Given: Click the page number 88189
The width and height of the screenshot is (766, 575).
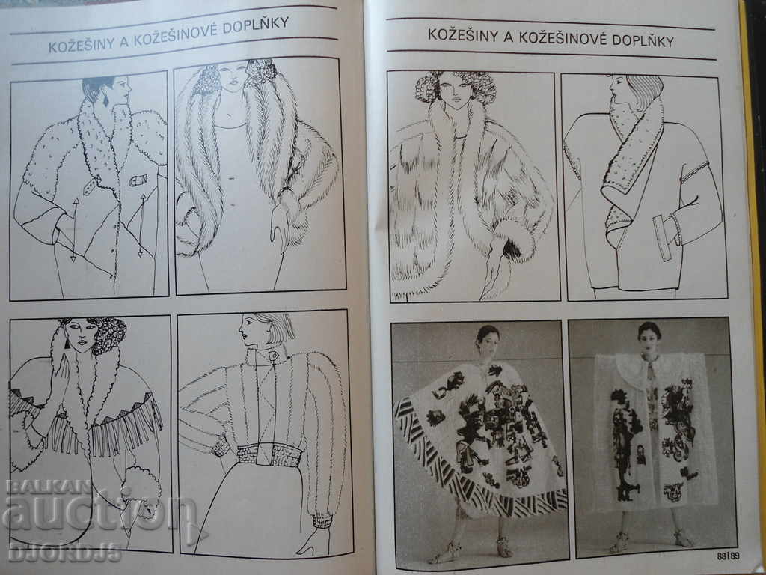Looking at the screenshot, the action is pos(728,556).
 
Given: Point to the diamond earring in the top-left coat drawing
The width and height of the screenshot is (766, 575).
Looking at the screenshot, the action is pos(105,100).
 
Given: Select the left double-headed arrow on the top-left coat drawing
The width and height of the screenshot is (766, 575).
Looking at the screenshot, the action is pos(75,229).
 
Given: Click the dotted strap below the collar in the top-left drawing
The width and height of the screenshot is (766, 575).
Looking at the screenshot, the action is pos(92,186).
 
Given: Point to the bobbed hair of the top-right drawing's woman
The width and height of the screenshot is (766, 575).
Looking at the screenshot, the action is pos(644,91).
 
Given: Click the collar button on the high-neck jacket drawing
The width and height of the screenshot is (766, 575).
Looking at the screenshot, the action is pos(272,356).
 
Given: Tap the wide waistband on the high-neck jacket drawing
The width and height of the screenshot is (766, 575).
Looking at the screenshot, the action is pos(269,454).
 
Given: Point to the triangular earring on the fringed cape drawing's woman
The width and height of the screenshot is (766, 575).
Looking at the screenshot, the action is pos(67,343).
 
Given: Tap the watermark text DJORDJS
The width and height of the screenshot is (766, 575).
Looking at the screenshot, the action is pos(64,552).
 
